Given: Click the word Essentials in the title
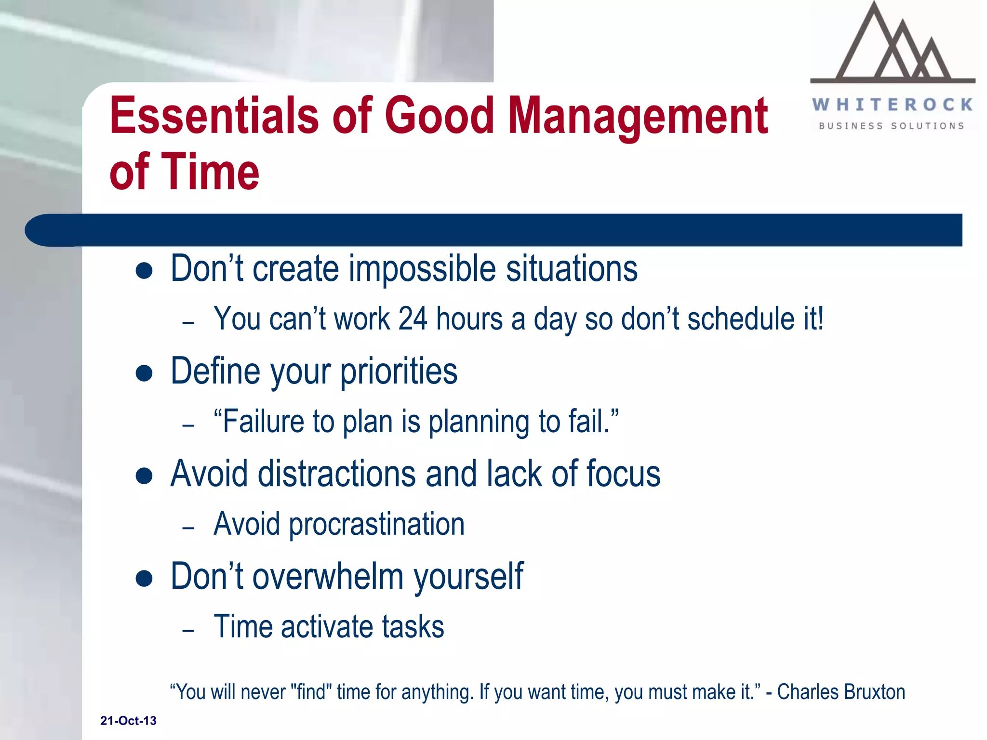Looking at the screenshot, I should click(214, 116).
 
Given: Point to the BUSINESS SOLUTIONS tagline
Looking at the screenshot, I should click(892, 126).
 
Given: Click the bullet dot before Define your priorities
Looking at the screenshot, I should click(144, 373).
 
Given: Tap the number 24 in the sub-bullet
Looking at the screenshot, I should click(413, 319).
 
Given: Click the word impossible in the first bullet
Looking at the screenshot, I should click(422, 269).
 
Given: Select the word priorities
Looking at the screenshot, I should click(399, 372).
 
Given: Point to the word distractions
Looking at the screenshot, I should click(336, 474).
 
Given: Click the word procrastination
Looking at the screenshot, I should click(376, 524).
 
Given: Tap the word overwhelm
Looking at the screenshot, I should click(328, 576).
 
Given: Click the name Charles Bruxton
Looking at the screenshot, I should click(841, 692).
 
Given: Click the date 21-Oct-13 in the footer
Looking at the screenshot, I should click(128, 721).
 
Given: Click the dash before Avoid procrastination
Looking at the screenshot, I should click(188, 528).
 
